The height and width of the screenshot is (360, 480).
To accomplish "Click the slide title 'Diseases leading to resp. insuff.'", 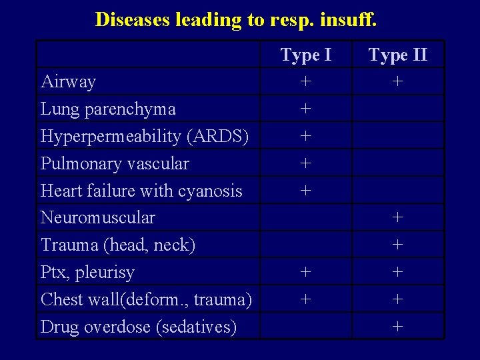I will click(236, 19).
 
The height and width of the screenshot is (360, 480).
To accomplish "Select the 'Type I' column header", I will click(305, 55).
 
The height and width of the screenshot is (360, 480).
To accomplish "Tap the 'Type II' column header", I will click(397, 55).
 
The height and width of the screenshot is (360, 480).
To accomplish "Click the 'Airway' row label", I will click(68, 82).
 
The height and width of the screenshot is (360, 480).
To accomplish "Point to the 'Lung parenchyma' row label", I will click(108, 109).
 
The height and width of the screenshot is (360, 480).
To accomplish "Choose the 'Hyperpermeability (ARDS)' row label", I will click(145, 136).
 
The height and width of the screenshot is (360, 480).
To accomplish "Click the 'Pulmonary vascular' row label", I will click(115, 163).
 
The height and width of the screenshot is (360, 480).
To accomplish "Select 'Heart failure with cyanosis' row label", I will click(141, 191).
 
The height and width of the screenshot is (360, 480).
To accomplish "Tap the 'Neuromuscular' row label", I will click(97, 217).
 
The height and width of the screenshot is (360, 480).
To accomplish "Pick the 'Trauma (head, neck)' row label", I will click(118, 245).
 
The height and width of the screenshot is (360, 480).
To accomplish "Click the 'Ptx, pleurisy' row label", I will click(87, 272).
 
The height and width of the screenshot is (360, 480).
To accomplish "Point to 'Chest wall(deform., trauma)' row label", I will click(146, 299).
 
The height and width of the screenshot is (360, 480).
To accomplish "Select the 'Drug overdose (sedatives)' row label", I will click(139, 327).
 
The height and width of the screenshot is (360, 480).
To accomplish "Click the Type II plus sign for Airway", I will click(397, 81).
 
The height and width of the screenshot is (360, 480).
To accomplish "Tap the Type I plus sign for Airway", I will click(305, 81).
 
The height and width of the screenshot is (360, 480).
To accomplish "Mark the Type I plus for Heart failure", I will click(305, 190).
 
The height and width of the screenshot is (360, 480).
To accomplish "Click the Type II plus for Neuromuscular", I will click(397, 217).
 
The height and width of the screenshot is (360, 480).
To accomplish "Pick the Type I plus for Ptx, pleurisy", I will click(305, 272).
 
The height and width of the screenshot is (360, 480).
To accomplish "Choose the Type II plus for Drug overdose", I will click(397, 326).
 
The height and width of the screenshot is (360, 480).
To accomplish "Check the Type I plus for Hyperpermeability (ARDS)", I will click(305, 136).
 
